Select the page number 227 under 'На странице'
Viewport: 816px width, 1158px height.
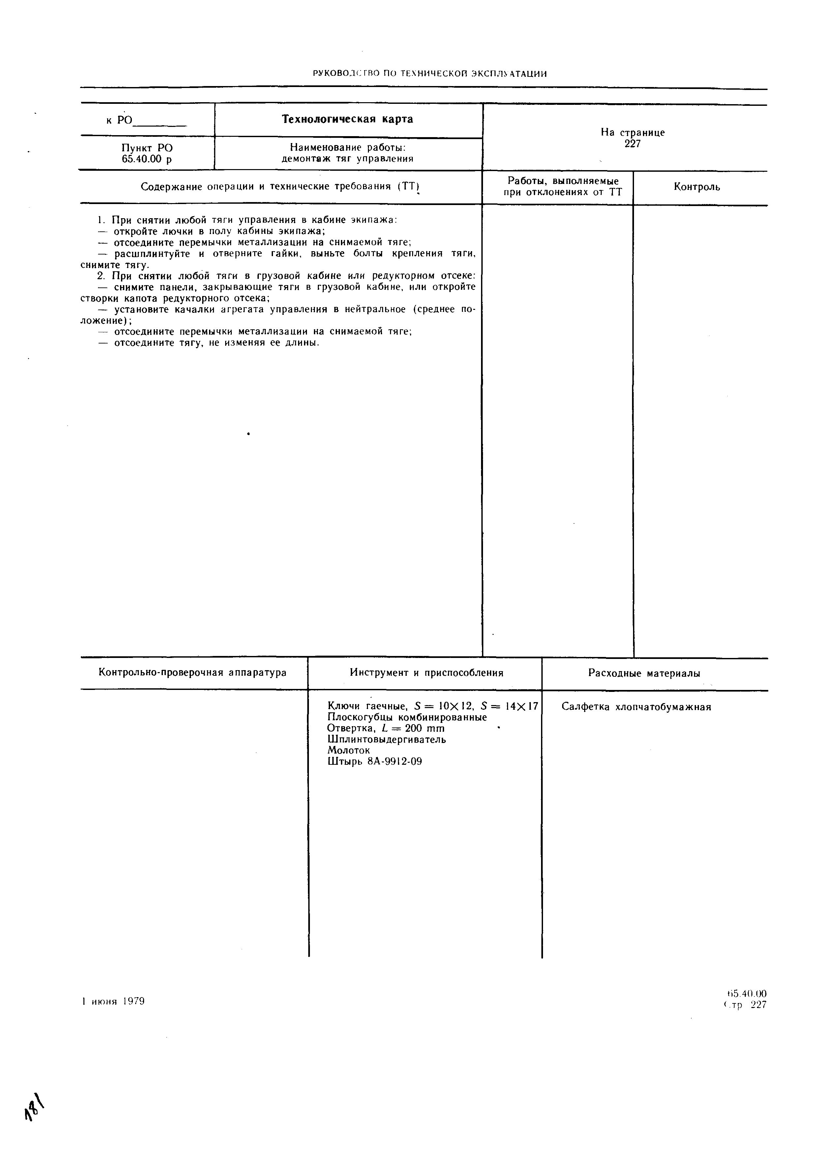coord(632,144)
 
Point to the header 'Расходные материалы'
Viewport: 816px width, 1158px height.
coord(644,673)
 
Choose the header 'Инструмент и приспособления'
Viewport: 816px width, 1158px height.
coord(426,673)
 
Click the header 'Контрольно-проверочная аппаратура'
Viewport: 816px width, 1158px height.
coord(192,673)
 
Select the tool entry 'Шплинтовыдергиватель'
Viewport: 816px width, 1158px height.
coord(386,739)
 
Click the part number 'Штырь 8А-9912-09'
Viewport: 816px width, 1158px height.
coord(374,761)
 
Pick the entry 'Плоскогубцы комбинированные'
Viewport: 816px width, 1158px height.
coord(407,717)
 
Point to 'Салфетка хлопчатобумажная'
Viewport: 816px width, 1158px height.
coord(636,707)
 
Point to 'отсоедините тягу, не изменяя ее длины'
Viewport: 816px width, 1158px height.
coord(208,343)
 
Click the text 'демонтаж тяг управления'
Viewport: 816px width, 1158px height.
coord(347,159)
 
